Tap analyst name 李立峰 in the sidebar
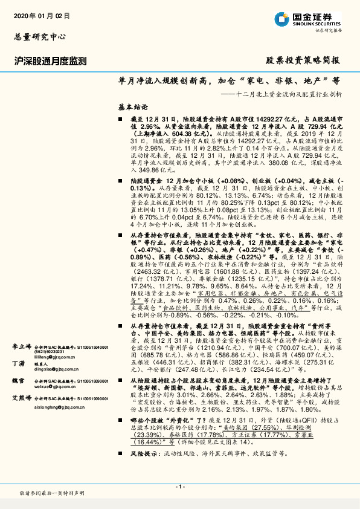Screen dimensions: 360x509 pos(22,347)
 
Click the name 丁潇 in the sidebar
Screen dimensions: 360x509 pos(18,363)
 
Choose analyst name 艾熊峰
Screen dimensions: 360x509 pos(22,399)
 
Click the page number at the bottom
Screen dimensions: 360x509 pos(179,487)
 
